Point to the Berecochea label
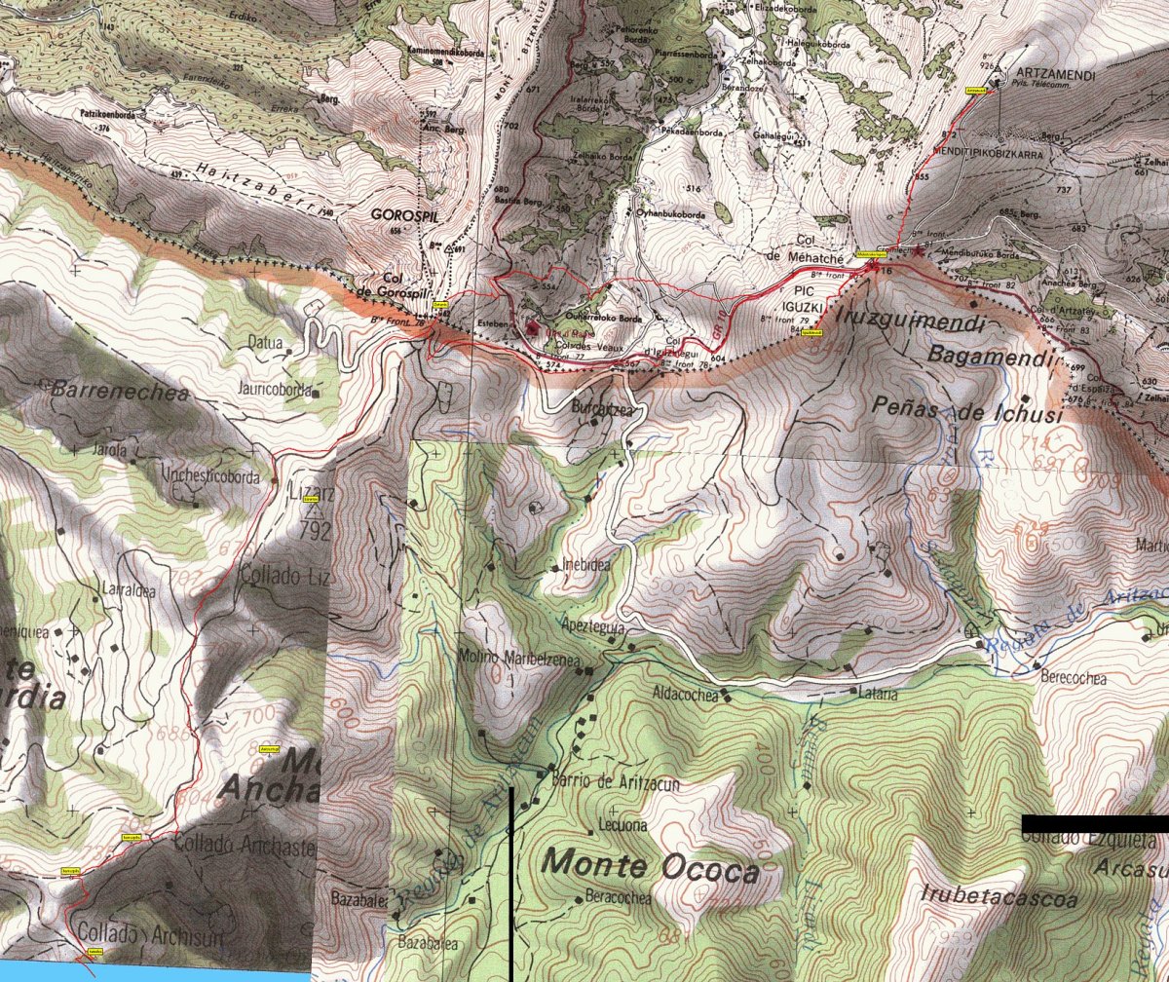click(1074, 679)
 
